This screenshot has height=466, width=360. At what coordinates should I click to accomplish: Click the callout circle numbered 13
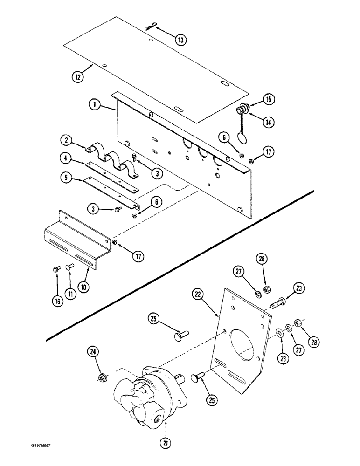tap(180, 40)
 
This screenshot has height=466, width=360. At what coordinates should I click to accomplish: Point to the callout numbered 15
tap(256, 99)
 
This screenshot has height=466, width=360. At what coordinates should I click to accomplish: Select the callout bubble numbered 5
tap(67, 177)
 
